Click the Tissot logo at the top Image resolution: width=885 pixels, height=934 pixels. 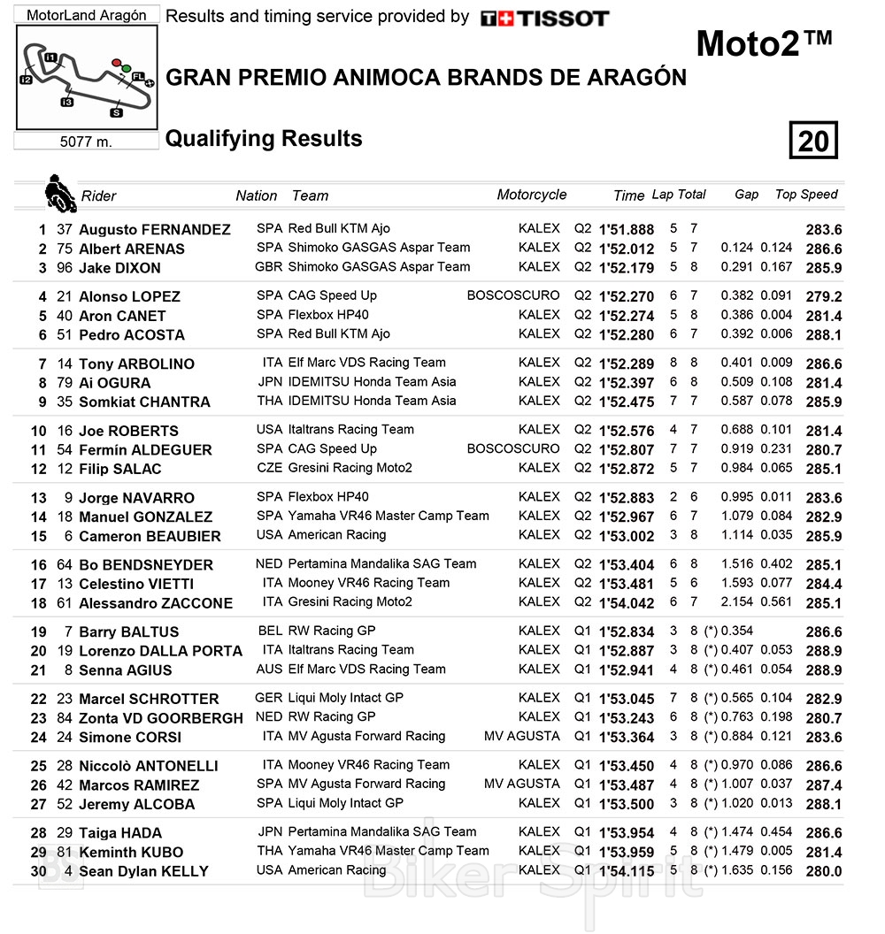544,19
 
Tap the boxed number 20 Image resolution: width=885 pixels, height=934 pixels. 813,141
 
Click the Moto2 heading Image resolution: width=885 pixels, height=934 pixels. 764,44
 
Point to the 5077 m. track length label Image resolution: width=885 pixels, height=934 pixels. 86,142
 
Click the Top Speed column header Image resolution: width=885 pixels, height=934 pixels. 805,195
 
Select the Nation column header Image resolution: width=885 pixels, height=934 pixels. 256,195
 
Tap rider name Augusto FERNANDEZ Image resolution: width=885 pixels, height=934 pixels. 154,230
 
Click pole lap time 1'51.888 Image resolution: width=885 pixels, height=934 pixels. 627,230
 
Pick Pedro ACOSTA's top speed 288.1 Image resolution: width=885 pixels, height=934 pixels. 823,335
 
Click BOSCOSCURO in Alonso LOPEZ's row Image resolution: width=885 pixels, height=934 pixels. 513,295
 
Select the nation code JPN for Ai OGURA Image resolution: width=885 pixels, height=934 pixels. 269,382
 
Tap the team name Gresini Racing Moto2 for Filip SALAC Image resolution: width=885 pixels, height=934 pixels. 350,468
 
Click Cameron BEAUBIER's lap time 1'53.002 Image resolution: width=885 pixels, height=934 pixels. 627,536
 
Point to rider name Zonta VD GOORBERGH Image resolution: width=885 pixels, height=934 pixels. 160,718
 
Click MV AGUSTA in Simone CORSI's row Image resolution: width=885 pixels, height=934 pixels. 521,736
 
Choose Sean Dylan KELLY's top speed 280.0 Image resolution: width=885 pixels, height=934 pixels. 823,871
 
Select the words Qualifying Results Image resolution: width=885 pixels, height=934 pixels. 264,139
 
